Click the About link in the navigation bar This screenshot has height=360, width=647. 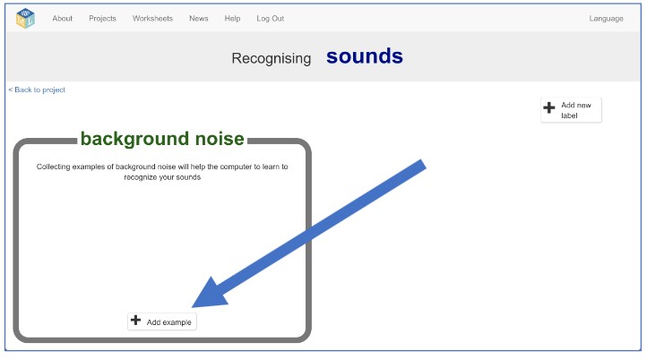[63, 19]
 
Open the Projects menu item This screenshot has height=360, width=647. [102, 19]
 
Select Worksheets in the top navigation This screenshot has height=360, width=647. [152, 19]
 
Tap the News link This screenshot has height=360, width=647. [198, 19]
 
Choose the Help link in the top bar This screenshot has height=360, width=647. [232, 19]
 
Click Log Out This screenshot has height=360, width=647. [271, 19]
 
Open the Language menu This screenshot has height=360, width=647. [606, 19]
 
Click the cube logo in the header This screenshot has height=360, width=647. [25, 19]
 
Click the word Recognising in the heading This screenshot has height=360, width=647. [272, 58]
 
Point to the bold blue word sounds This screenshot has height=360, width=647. [365, 56]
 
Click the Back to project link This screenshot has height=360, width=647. [37, 90]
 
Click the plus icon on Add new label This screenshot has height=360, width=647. [549, 107]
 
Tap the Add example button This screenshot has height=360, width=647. [162, 321]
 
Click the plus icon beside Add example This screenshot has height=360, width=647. [135, 321]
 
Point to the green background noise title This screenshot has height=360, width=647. [162, 139]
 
